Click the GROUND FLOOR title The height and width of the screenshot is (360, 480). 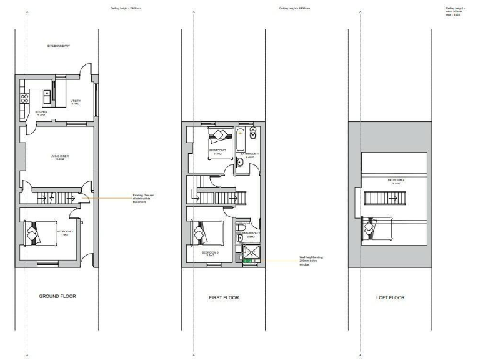[x=57, y=296]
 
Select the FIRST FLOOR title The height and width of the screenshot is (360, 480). [x=224, y=297]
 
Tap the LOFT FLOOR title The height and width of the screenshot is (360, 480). [x=390, y=297]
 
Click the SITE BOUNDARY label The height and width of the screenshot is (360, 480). [x=57, y=46]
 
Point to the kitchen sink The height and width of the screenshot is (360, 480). [x=47, y=94]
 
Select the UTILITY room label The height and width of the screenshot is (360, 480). [x=76, y=102]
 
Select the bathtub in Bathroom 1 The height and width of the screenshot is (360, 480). [x=241, y=141]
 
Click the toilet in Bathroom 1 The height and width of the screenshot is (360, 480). [x=253, y=133]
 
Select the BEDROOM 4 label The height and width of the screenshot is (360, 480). [x=394, y=181]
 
